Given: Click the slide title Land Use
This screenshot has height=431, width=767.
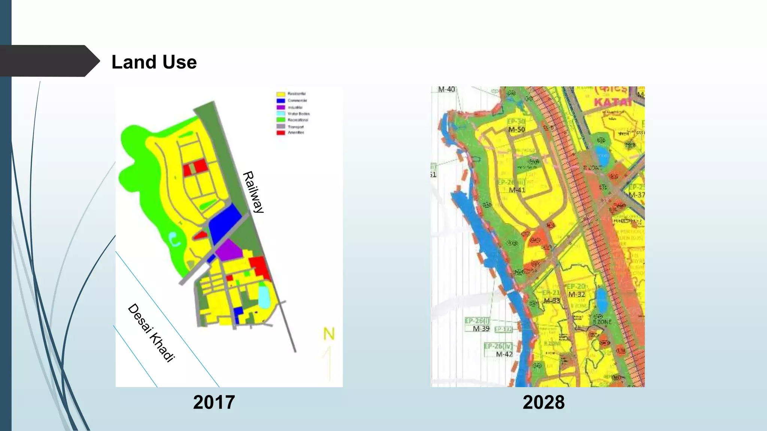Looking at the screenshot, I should [154, 62].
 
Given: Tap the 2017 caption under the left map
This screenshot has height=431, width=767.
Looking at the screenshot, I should [214, 403].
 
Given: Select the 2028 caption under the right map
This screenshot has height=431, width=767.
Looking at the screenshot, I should [543, 403].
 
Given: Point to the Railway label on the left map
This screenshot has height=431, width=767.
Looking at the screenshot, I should [254, 192].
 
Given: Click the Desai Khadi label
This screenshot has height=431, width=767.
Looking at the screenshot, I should [151, 333].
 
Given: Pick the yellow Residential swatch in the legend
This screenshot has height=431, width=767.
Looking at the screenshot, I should [281, 94].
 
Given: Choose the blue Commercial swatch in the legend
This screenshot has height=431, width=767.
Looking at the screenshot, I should [281, 101].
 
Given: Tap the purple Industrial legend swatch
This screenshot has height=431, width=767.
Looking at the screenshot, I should [281, 107].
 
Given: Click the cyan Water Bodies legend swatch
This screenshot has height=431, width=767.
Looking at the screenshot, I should [281, 114].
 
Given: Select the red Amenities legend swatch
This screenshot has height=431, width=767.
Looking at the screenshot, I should [281, 133].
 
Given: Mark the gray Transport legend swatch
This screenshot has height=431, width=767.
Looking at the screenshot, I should [281, 126].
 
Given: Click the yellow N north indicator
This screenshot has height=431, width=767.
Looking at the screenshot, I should [329, 334].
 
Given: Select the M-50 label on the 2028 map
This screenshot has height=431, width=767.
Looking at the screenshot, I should [517, 129].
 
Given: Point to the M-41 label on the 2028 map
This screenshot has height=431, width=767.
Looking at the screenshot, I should [517, 190].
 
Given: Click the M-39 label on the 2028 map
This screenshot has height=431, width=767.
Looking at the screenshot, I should [481, 328].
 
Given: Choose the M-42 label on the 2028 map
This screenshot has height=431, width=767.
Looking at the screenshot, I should [504, 354].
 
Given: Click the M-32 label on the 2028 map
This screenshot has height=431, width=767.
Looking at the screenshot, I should [576, 294].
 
